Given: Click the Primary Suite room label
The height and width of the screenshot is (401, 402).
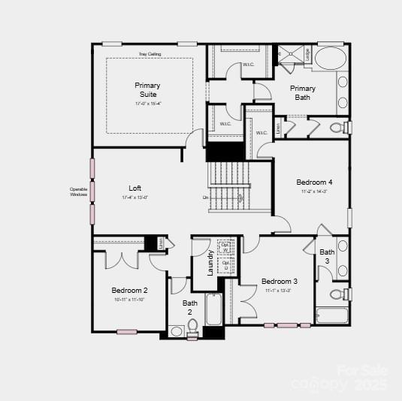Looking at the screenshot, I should pos(147,90).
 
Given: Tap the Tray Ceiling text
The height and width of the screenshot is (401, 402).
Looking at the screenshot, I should pos(150,54).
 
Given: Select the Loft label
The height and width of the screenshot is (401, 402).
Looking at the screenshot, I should pos(135,188).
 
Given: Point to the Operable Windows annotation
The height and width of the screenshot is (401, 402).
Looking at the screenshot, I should pos(79,191).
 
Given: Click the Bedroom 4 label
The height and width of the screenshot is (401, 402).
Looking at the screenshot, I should pos(314,182).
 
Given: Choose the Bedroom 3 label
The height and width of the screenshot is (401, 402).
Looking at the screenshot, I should pos(280,282).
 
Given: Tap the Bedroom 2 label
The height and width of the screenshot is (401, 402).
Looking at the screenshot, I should pos(130,291).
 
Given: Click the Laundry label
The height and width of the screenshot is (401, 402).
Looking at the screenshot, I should pos(211,263).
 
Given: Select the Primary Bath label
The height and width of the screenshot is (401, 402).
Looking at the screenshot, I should pos(304,92).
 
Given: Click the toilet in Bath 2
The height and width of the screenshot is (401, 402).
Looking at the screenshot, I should pos(192,326).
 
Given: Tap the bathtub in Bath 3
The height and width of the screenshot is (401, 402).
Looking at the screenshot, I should pos(332,315).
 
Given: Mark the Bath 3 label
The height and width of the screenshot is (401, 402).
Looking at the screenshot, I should pos(327,256).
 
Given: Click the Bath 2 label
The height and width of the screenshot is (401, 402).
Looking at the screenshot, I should pos(189,307).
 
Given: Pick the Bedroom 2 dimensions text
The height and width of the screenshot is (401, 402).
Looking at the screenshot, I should pos(130,300).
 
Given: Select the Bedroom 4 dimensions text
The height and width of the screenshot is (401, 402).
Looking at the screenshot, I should pos(314,191).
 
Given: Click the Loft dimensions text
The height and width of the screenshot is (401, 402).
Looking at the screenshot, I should pos(135,197).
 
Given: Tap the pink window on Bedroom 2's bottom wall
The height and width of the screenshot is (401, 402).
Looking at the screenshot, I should pos(127,331).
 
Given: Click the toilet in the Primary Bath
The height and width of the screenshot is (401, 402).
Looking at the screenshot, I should pos(337,128).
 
